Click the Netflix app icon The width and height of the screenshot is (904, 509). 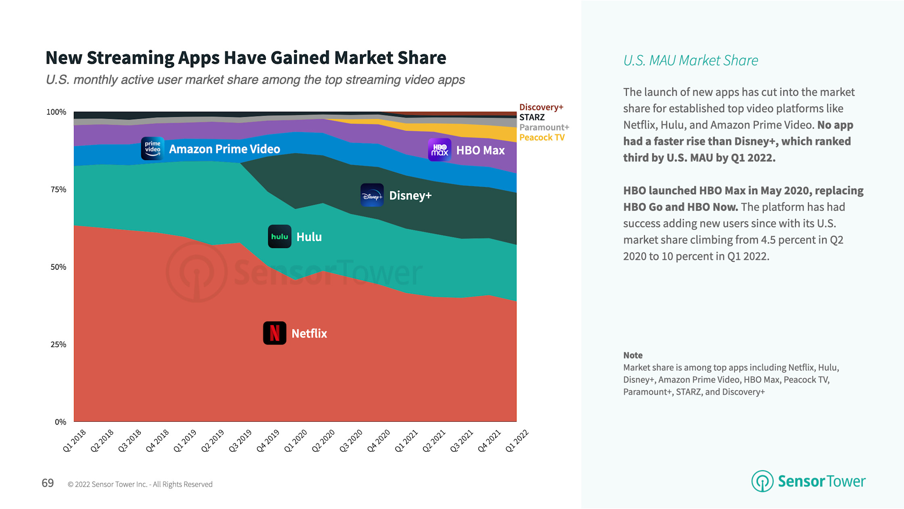click(274, 333)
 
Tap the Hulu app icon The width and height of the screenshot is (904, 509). click(279, 236)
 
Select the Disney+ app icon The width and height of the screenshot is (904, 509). click(372, 195)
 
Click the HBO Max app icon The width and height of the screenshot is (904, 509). click(439, 150)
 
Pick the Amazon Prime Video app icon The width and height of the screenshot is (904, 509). click(152, 148)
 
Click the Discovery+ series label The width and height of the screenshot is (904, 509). click(541, 107)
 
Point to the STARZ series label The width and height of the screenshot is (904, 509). click(532, 117)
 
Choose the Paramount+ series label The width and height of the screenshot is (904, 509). click(544, 127)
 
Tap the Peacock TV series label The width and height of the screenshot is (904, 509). click(542, 137)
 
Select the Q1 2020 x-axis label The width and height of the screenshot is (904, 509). click(296, 441)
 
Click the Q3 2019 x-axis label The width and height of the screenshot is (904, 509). click(241, 441)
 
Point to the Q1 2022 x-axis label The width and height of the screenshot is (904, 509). click(517, 441)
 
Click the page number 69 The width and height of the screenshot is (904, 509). click(48, 483)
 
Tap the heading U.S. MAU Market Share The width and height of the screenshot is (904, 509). click(690, 61)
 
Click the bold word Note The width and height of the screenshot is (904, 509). click(632, 355)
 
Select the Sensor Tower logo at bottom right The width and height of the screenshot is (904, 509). click(808, 481)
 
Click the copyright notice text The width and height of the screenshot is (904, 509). click(140, 484)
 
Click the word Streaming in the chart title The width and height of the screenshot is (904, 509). click(130, 58)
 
